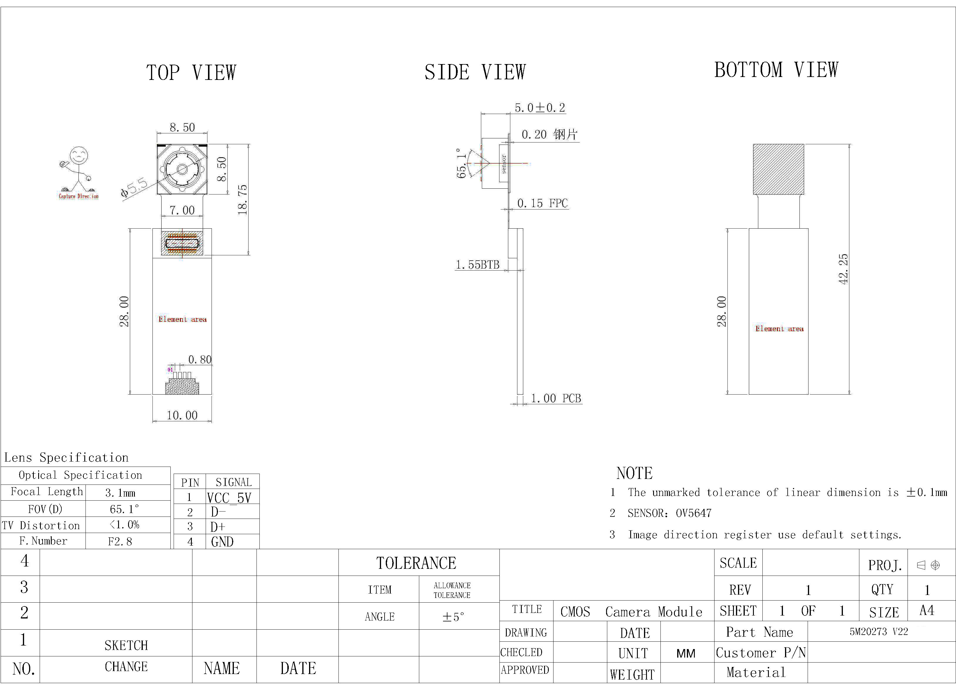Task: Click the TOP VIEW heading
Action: point(191,73)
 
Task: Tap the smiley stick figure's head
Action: point(79,156)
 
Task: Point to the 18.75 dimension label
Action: point(242,200)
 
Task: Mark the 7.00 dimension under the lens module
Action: point(182,210)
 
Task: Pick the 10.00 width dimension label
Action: point(182,415)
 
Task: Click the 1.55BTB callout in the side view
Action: point(478,265)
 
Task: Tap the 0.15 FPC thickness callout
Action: point(543,203)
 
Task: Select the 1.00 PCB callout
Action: point(556,398)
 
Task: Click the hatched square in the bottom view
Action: point(779,169)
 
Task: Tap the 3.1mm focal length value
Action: point(120,492)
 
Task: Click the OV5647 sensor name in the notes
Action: point(694,513)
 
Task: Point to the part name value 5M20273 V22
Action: point(879,632)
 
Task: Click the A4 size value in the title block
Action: point(927,611)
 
